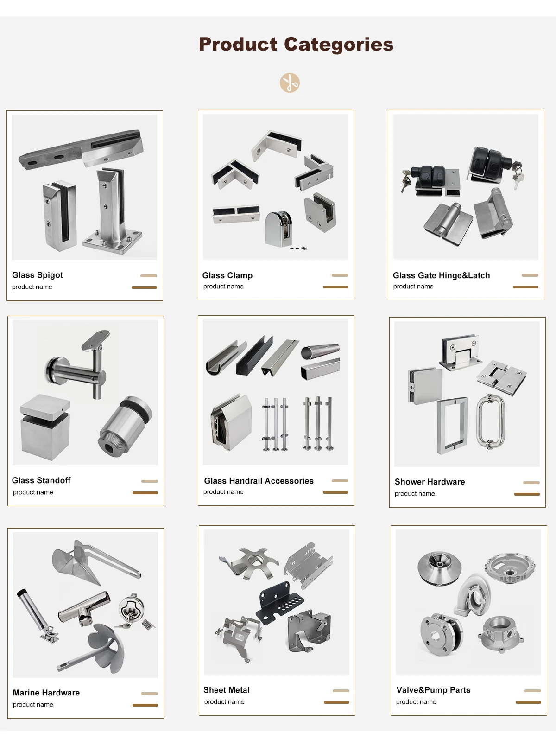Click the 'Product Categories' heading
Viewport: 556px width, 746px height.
pyautogui.click(x=296, y=45)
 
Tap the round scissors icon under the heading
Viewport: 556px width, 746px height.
pyautogui.click(x=290, y=83)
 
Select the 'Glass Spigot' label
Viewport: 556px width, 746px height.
pyautogui.click(x=38, y=275)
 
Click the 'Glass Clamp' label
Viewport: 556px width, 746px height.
pyautogui.click(x=227, y=275)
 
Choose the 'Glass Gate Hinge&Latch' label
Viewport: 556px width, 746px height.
pyautogui.click(x=441, y=275)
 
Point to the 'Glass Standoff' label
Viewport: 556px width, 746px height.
pyautogui.click(x=41, y=480)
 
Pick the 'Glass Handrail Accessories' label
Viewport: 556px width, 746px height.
pyautogui.click(x=259, y=481)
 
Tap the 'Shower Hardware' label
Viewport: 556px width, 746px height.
pyautogui.click(x=430, y=482)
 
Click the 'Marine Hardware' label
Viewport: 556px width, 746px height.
pyautogui.click(x=46, y=693)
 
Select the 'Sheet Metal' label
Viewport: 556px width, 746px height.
pyautogui.click(x=227, y=690)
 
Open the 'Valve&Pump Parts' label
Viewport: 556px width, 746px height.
pyautogui.click(x=433, y=690)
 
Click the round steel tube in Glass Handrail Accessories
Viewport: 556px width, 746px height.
pyautogui.click(x=320, y=351)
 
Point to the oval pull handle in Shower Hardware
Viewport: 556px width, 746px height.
pyautogui.click(x=491, y=421)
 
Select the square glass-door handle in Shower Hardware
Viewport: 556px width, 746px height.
pyautogui.click(x=452, y=425)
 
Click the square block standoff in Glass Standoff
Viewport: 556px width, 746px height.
pyautogui.click(x=45, y=427)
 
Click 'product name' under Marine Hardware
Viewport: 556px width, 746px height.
pyautogui.click(x=33, y=705)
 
